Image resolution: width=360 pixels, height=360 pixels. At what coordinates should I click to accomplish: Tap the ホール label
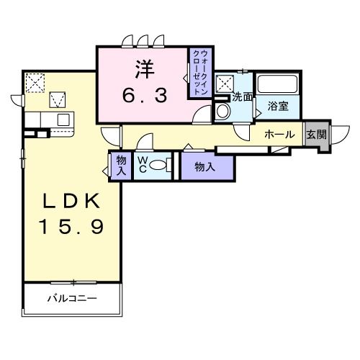coord(278,135)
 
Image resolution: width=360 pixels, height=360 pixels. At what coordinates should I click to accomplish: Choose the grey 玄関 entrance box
coord(316,135)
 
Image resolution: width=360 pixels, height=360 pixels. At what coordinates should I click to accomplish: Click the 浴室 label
coord(278,106)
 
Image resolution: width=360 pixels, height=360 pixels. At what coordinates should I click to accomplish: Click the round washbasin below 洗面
coord(222,111)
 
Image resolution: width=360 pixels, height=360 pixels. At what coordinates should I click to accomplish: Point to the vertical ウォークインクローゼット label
coord(199,72)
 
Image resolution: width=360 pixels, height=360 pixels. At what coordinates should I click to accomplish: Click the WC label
coord(143,163)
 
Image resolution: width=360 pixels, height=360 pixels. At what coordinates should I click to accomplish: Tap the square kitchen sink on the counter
coord(63,119)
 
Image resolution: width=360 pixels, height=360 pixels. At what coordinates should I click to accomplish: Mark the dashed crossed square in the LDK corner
coord(34,82)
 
